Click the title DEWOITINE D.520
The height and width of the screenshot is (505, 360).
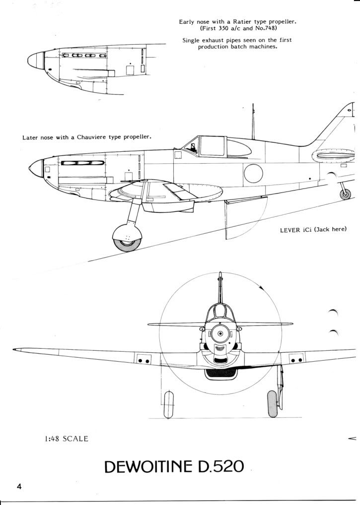(x=174, y=467)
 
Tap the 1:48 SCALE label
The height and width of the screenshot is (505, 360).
(x=67, y=439)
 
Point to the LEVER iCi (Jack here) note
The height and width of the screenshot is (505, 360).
(x=313, y=229)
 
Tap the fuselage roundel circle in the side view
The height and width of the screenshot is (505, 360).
(x=253, y=173)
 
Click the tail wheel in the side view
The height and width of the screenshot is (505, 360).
(x=345, y=194)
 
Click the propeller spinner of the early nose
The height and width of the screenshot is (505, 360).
(x=36, y=60)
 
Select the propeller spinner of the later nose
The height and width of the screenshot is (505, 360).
(x=36, y=168)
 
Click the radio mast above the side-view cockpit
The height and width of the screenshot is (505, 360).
(x=253, y=122)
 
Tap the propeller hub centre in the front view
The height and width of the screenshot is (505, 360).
(x=220, y=333)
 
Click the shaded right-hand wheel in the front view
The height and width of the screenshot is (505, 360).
(x=272, y=404)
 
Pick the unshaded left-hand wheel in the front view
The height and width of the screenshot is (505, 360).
(x=168, y=404)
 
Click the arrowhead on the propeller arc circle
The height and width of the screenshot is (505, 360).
(x=262, y=287)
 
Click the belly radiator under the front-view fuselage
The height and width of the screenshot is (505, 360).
(x=221, y=374)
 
